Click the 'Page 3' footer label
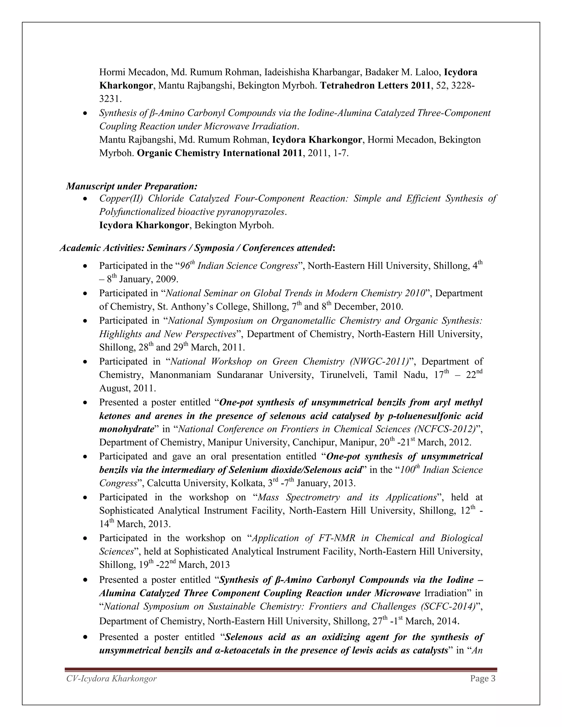pyautogui.click(x=483, y=678)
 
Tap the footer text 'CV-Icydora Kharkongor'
pyautogui.click(x=111, y=678)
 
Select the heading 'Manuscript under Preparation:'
pyautogui.click(x=132, y=186)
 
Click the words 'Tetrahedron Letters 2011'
pyautogui.click(x=375, y=86)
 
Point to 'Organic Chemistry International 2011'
pyautogui.click(x=220, y=153)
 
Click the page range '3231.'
pyautogui.click(x=111, y=99)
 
